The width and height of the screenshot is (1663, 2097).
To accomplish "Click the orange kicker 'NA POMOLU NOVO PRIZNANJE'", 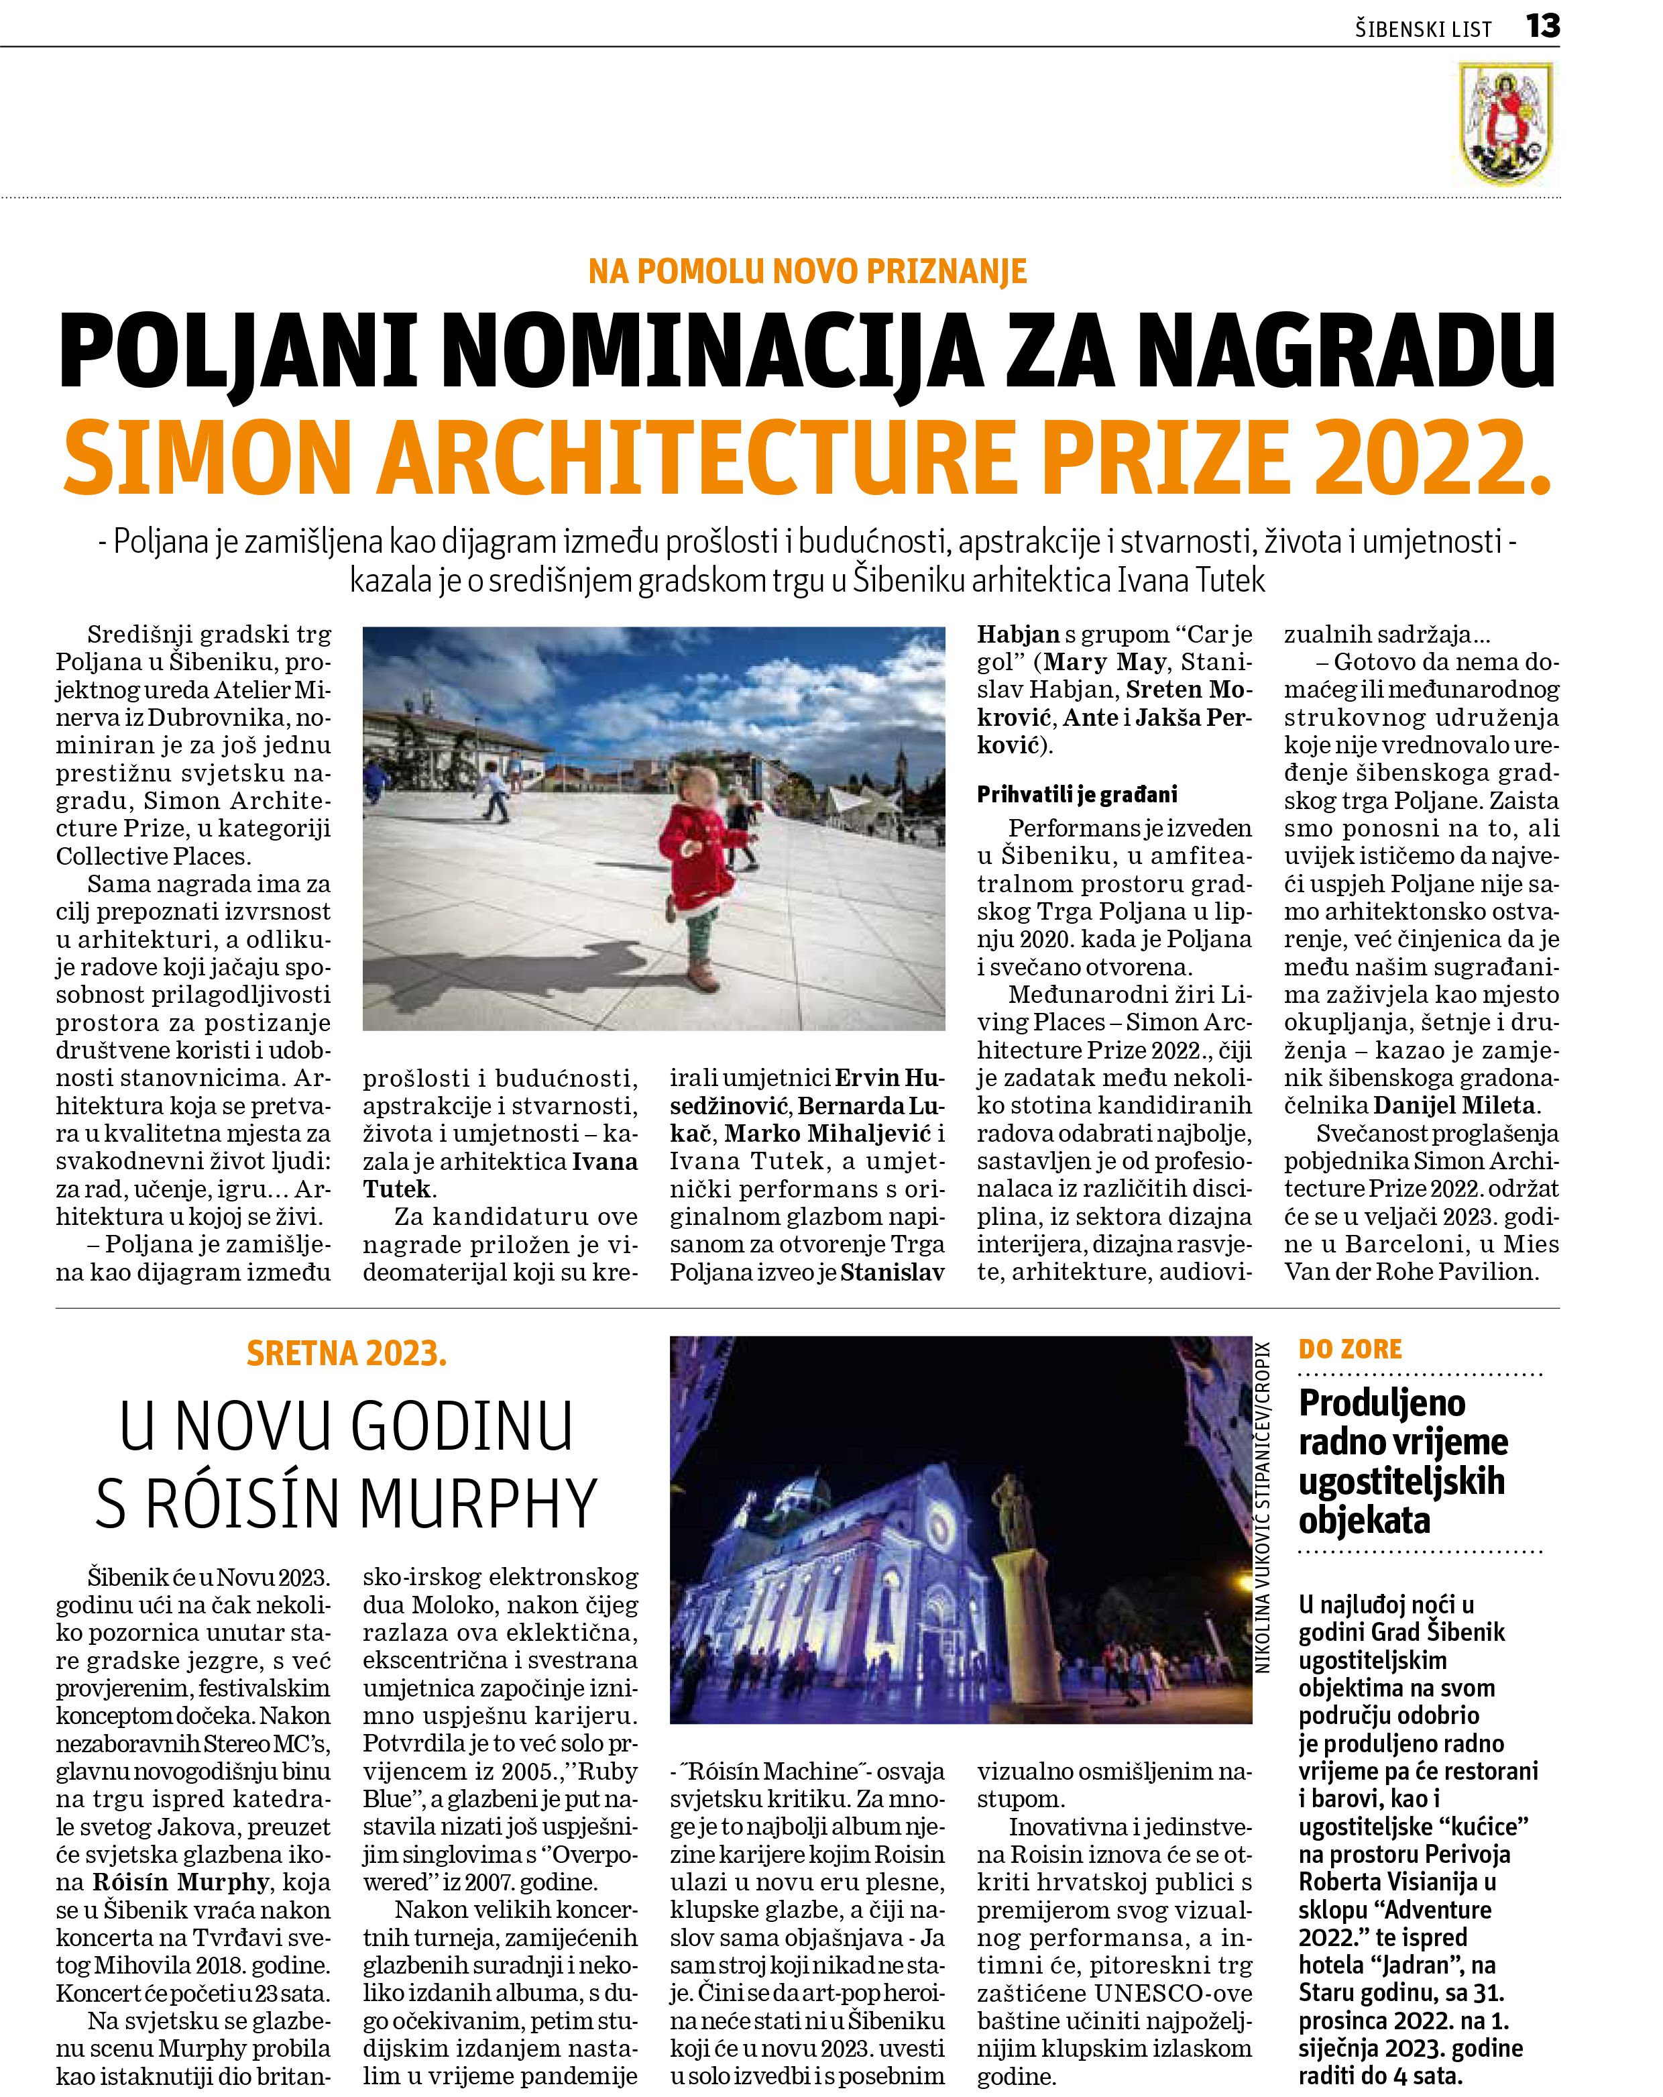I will pos(807,270).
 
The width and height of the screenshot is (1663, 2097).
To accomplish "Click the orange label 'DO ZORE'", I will pos(1350,1349).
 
